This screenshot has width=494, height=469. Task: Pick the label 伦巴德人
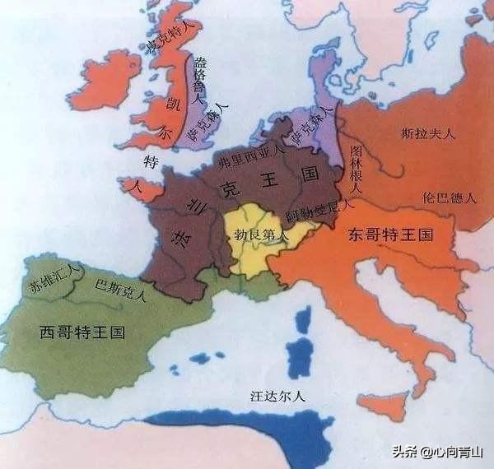448,198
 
